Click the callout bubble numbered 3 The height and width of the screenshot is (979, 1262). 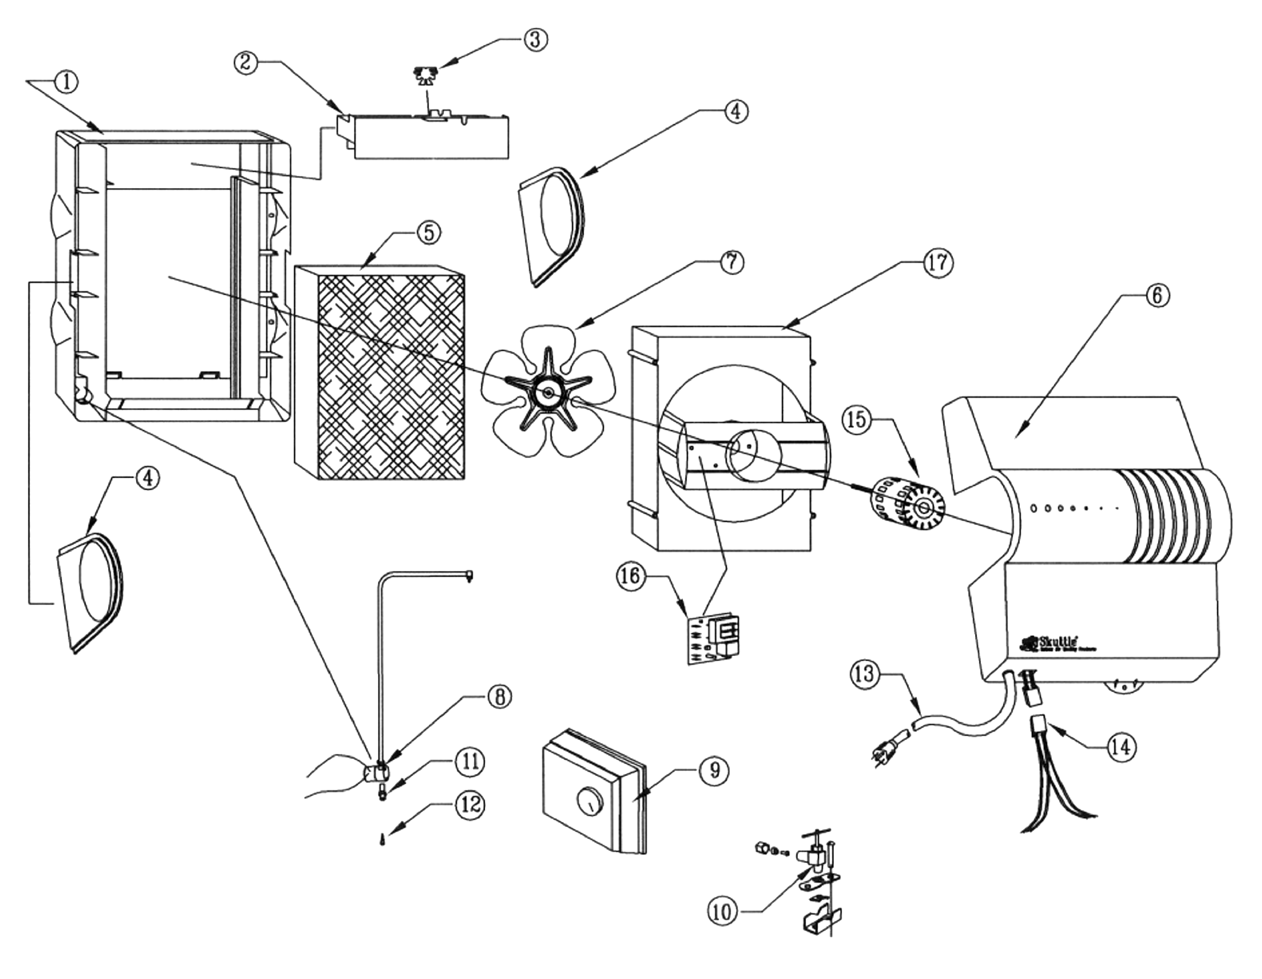point(535,39)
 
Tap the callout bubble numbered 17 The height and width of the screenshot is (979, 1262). point(936,262)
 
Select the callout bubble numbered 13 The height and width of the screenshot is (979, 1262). point(864,674)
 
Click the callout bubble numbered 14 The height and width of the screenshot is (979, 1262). point(1120,747)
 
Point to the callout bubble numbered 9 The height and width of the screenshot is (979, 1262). point(715,770)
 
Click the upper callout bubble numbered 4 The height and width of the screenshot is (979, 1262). point(735,111)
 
